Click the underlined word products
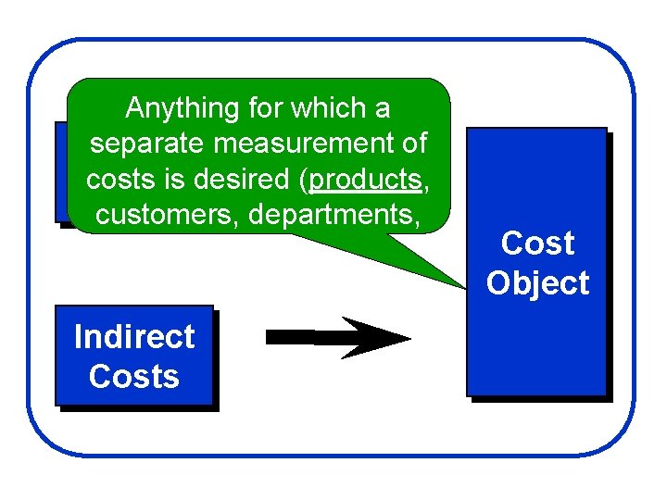pyautogui.click(x=367, y=180)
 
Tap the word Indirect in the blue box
pyautogui.click(x=134, y=336)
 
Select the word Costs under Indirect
pyautogui.click(x=134, y=377)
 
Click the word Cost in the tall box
pyautogui.click(x=537, y=244)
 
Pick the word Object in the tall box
pyautogui.click(x=537, y=283)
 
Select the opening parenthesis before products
pyautogui.click(x=305, y=180)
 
